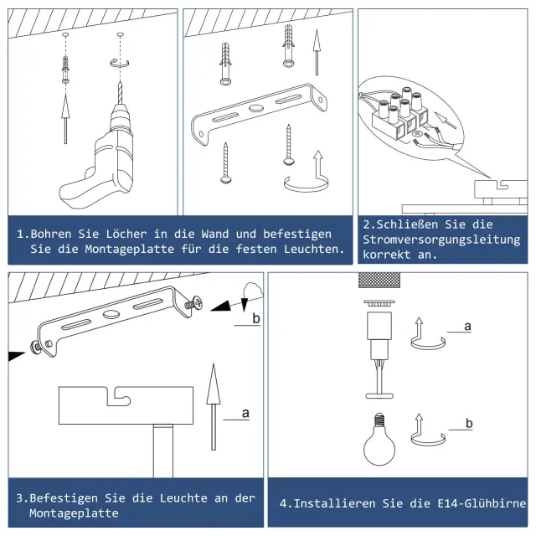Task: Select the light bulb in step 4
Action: click(379, 439)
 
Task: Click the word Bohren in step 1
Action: click(51, 234)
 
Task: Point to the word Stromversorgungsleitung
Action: click(441, 240)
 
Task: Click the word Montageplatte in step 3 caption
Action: click(74, 513)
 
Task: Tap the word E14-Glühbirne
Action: click(482, 503)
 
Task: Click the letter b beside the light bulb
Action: click(469, 423)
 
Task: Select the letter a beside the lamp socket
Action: click(467, 327)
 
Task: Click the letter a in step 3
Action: click(245, 413)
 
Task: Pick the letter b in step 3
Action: click(256, 318)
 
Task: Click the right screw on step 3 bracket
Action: click(193, 303)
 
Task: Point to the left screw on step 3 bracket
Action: click(36, 348)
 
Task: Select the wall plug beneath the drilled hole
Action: click(65, 70)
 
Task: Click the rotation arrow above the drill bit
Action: click(120, 63)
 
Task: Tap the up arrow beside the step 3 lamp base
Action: click(214, 407)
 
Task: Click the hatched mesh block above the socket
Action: click(379, 281)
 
